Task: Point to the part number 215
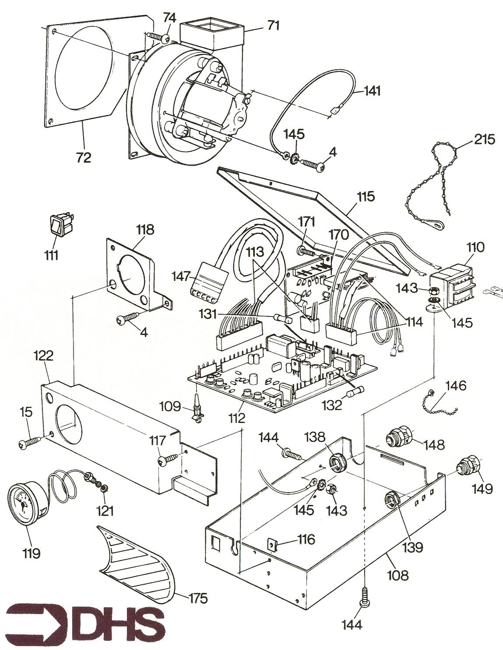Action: [484, 140]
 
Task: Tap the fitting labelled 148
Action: [399, 438]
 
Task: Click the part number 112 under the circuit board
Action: [237, 418]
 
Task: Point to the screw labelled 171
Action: [306, 252]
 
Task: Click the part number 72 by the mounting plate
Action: [83, 157]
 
